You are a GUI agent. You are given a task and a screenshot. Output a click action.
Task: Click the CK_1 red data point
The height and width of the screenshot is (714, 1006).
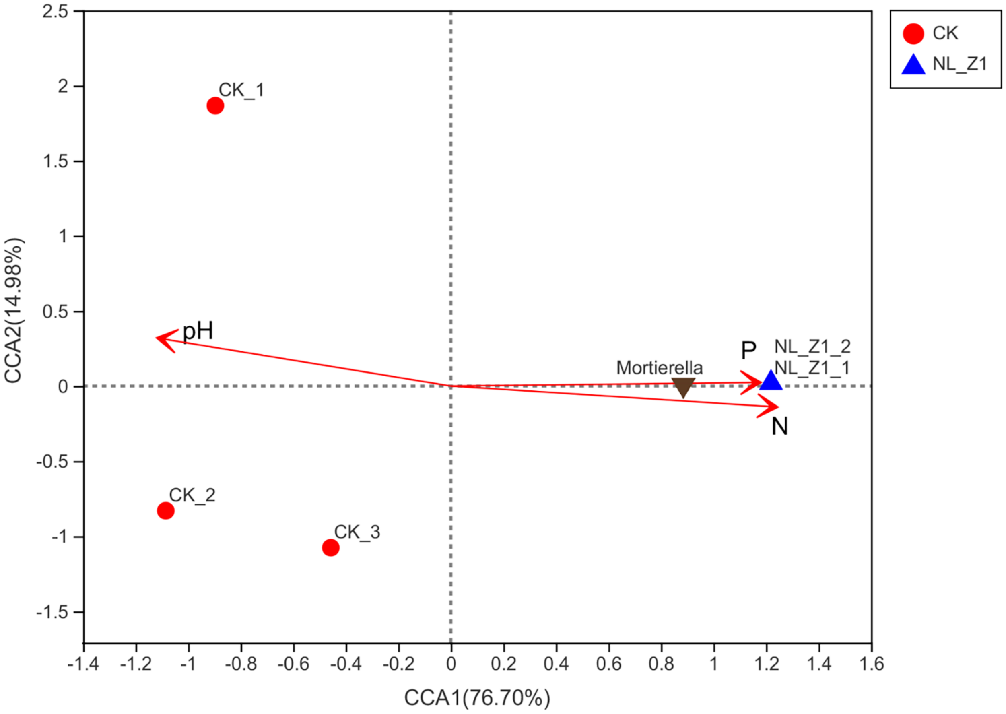pyautogui.click(x=215, y=105)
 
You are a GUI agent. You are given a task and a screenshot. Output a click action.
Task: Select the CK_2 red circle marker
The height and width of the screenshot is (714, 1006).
pyautogui.click(x=165, y=510)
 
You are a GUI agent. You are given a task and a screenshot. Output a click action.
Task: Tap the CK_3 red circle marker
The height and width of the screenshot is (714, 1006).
pyautogui.click(x=330, y=547)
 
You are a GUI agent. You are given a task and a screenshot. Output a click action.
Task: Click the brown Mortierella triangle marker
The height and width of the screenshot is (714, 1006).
pyautogui.click(x=683, y=387)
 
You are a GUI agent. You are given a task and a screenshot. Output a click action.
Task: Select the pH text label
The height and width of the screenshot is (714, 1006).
pyautogui.click(x=198, y=330)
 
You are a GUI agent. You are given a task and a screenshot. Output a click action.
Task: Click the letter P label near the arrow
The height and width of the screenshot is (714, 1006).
pyautogui.click(x=748, y=351)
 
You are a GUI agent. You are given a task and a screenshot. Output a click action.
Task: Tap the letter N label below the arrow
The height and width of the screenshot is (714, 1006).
pyautogui.click(x=780, y=426)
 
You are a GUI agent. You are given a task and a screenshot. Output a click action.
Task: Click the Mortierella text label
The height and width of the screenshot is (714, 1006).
pyautogui.click(x=659, y=367)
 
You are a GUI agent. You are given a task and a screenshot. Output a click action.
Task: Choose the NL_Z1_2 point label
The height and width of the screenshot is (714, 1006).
pyautogui.click(x=812, y=347)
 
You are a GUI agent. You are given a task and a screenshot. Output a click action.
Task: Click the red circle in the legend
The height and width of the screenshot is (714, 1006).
pyautogui.click(x=913, y=34)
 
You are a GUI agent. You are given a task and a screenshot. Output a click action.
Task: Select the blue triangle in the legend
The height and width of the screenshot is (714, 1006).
pyautogui.click(x=913, y=65)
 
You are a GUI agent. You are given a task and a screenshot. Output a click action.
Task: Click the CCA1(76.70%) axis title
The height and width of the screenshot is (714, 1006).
pyautogui.click(x=477, y=698)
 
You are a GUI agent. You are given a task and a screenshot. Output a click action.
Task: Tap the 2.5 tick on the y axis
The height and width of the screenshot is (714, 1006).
pyautogui.click(x=55, y=11)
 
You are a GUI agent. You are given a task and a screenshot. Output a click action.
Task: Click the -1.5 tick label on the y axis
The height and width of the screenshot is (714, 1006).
pyautogui.click(x=53, y=612)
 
